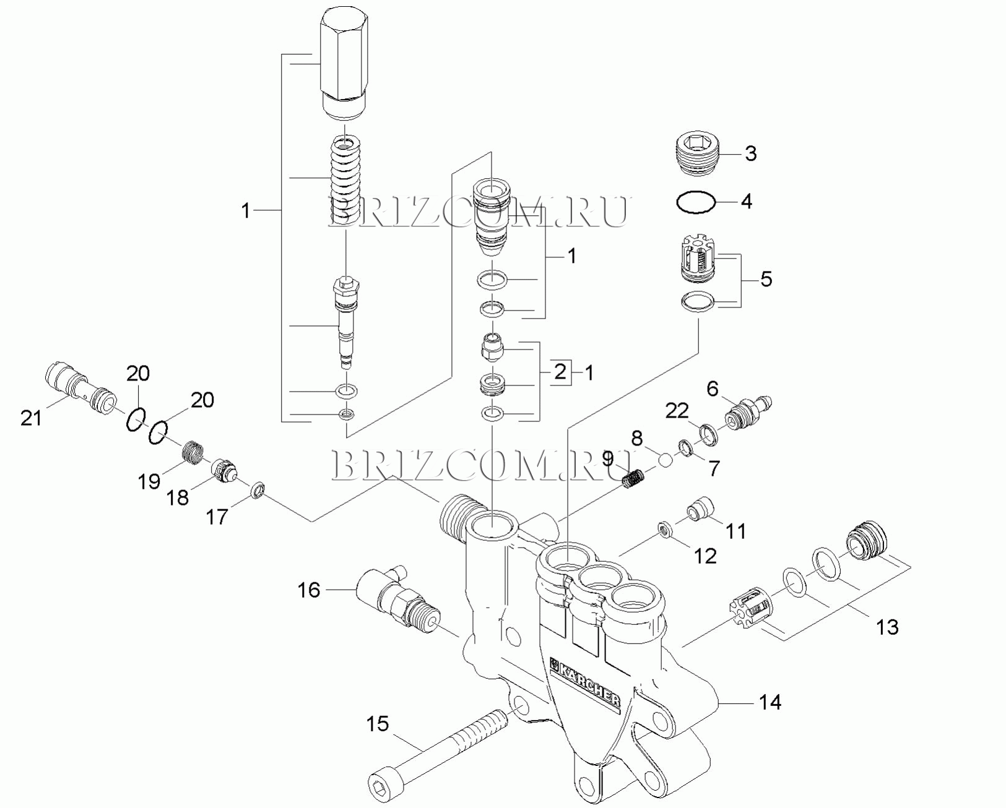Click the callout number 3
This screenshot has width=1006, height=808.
pyautogui.click(x=750, y=153)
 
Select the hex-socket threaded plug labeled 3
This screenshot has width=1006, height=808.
pyautogui.click(x=697, y=153)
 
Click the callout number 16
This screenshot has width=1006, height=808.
pyautogui.click(x=308, y=590)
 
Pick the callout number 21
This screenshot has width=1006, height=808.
pyautogui.click(x=32, y=418)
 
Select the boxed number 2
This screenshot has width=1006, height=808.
pyautogui.click(x=560, y=372)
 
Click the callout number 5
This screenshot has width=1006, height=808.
pyautogui.click(x=766, y=279)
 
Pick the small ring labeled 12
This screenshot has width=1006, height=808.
pyautogui.click(x=666, y=530)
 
